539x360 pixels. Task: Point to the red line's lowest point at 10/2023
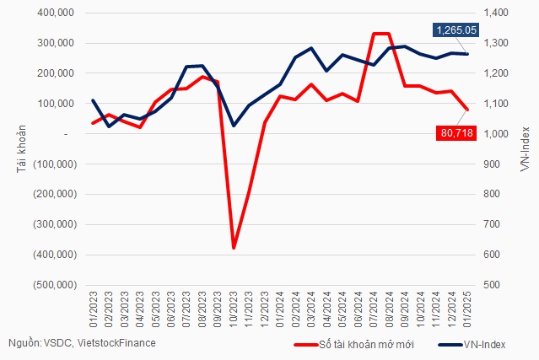[234, 248]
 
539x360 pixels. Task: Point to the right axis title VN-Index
[525, 149]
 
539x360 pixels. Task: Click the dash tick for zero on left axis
[65, 134]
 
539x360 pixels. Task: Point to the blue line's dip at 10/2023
[234, 126]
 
